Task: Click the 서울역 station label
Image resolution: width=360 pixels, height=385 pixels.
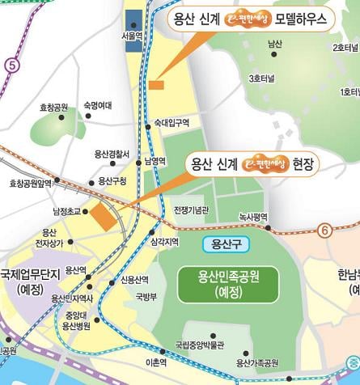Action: coord(132,36)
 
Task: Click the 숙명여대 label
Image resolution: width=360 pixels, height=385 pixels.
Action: coord(98,105)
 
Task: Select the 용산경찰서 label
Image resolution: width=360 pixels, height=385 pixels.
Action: coord(112,153)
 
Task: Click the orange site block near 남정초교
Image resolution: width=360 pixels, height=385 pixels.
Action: coord(103,216)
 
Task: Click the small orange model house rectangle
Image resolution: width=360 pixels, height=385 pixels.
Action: coord(156,84)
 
